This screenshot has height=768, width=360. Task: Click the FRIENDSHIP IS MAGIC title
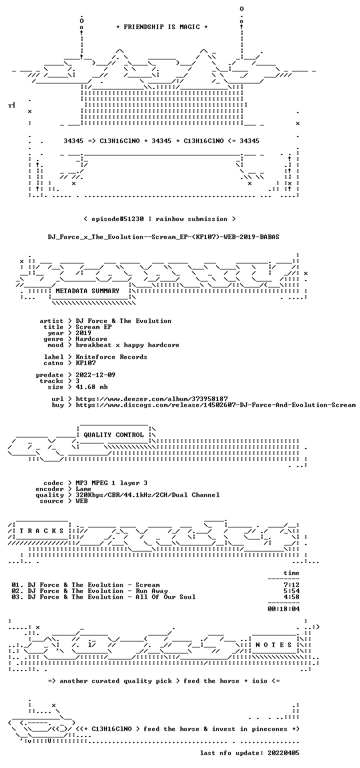point(162,27)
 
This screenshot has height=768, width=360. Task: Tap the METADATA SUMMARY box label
point(87,291)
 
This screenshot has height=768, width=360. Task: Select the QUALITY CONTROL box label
point(113,435)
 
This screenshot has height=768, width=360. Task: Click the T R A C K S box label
point(42,531)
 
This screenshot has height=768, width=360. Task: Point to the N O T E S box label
point(273,645)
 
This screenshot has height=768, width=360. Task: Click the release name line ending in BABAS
point(163,237)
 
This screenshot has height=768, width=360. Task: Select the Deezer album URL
point(151,399)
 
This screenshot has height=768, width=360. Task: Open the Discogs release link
point(215,405)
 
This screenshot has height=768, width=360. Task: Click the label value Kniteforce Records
point(111,357)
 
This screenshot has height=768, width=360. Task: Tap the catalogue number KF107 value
point(85,362)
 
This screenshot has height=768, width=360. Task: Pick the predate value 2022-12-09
point(95,374)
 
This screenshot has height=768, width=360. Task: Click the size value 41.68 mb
point(91,387)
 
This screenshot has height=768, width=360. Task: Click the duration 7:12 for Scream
point(291,585)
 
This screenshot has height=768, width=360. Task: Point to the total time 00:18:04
point(283,609)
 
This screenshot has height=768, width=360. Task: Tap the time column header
point(291,573)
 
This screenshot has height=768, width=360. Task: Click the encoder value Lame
point(83,489)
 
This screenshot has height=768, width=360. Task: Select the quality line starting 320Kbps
point(148,495)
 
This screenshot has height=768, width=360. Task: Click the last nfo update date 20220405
point(283,753)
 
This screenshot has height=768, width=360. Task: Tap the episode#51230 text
point(117,219)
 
